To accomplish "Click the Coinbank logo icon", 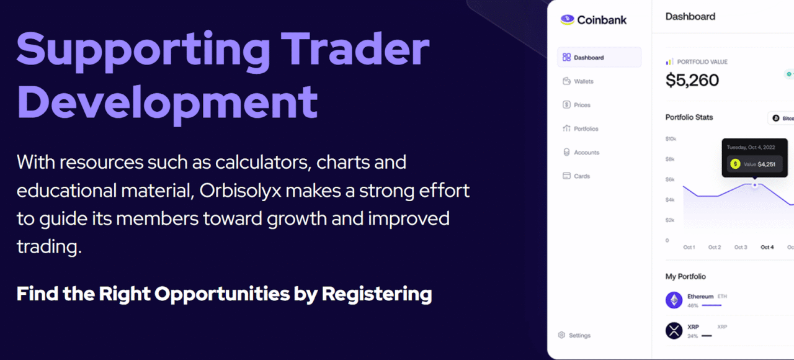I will click(567, 20).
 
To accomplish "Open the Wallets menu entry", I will click(583, 81).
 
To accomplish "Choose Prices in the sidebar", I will click(582, 105).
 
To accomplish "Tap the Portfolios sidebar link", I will click(586, 128).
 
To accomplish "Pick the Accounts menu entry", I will click(586, 152).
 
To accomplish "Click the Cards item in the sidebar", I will click(582, 176).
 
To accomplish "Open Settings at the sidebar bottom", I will click(579, 335).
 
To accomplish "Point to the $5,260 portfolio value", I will click(692, 80).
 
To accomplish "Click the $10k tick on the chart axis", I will click(671, 138).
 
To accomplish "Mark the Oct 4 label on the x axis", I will click(767, 247).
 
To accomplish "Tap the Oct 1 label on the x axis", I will click(689, 247).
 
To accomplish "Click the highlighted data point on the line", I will click(755, 184).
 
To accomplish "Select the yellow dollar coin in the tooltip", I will click(735, 164).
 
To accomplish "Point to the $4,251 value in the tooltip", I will click(767, 164).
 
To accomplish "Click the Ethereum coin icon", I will click(674, 300).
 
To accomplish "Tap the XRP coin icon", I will click(674, 331).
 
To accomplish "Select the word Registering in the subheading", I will click(377, 294).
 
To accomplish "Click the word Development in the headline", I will click(167, 102).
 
